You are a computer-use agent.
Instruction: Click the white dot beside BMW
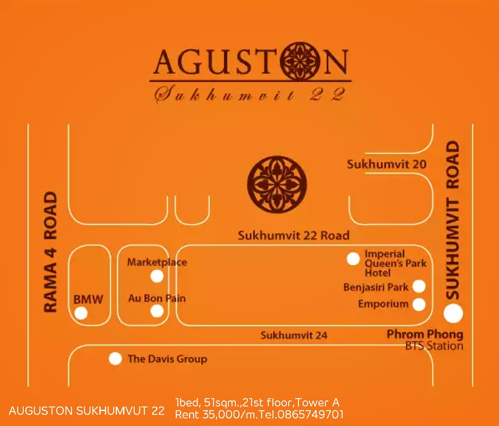[81, 314]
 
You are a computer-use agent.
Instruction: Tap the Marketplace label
[157, 262]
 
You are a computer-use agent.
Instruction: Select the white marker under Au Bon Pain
[157, 311]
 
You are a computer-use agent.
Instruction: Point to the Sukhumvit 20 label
[386, 164]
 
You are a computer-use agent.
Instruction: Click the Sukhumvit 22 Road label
[293, 236]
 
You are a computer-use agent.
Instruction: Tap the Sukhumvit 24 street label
[293, 335]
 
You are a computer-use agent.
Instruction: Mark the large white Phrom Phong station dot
[453, 313]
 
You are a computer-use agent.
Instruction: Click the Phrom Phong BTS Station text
[425, 340]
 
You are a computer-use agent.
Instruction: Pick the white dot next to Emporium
[419, 304]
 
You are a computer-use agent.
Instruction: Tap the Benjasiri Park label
[376, 287]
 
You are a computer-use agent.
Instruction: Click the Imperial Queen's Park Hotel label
[395, 263]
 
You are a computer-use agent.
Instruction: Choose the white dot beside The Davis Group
[115, 359]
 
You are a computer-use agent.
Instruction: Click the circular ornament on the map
[277, 181]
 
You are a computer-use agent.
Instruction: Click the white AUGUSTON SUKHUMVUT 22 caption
[87, 411]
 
